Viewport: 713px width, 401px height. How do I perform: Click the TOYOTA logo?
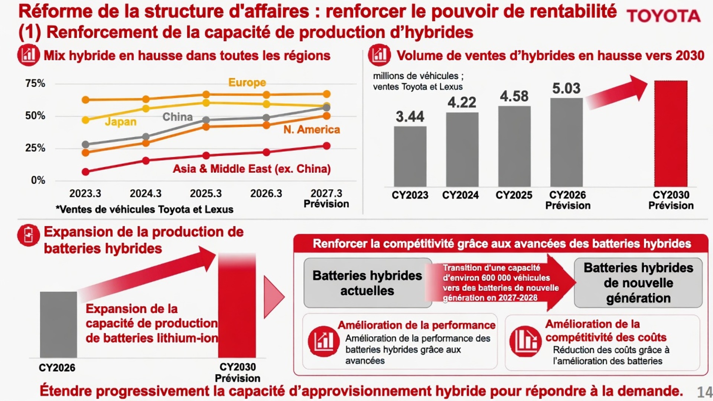(664, 16)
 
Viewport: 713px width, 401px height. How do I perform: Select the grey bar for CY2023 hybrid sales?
(410, 156)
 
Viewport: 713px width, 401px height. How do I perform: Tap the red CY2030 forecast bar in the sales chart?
(671, 134)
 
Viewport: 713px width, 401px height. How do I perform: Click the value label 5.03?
(566, 88)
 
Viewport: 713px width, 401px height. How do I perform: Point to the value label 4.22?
(462, 102)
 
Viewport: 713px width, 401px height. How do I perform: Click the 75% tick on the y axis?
(35, 83)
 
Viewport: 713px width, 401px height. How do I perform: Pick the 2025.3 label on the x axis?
(206, 193)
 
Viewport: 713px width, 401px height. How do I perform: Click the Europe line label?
(247, 82)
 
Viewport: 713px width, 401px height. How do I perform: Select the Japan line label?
(121, 122)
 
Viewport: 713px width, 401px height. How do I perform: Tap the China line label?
(178, 117)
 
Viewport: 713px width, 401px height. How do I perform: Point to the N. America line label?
(312, 130)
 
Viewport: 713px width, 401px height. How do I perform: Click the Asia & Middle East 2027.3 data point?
(326, 146)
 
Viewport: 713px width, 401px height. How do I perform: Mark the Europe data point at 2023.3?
(85, 100)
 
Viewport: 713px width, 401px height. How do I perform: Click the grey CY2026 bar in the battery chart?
(59, 325)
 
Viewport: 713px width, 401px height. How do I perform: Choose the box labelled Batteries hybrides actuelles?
(368, 283)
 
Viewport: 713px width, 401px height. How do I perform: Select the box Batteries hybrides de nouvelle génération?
(638, 283)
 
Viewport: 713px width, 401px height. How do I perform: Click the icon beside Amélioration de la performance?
(323, 341)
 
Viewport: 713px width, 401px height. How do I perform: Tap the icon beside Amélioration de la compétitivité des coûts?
(525, 341)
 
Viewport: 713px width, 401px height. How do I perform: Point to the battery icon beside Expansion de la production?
(29, 235)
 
